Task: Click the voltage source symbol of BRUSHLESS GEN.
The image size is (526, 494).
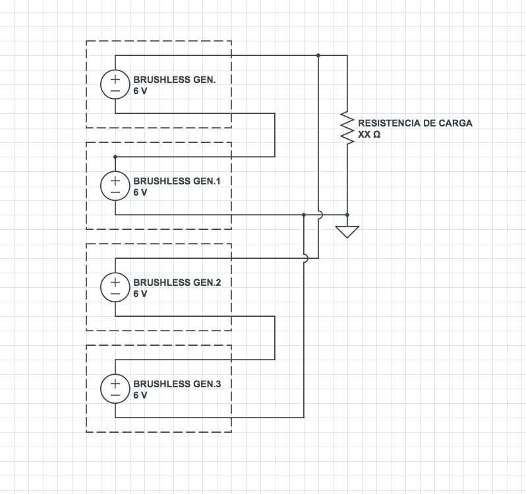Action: click(x=115, y=84)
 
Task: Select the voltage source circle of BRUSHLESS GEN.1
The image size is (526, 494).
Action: click(x=115, y=186)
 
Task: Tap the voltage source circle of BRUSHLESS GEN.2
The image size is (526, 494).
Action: click(x=115, y=287)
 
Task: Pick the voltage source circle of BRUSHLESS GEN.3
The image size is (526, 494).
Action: click(x=115, y=389)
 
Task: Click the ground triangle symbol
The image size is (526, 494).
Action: click(x=347, y=232)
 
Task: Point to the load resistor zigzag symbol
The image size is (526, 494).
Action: click(x=347, y=126)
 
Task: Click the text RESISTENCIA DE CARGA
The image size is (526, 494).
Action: click(x=415, y=123)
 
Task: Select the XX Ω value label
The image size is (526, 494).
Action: click(x=368, y=134)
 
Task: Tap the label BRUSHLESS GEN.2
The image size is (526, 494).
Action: click(x=177, y=282)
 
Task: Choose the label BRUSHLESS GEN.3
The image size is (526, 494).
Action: click(x=177, y=383)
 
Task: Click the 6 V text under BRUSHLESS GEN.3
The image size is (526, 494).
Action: click(x=140, y=395)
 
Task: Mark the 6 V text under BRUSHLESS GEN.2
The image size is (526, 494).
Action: click(x=140, y=294)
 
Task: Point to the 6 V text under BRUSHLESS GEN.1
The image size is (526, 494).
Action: click(x=140, y=192)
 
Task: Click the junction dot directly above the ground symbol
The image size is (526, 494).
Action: click(x=347, y=215)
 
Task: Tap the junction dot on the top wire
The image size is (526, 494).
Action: click(x=318, y=55)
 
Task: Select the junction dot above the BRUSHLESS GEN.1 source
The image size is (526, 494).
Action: click(x=115, y=157)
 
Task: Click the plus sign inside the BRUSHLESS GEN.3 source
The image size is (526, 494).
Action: click(x=115, y=382)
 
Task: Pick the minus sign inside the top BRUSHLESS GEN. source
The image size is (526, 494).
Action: click(x=115, y=91)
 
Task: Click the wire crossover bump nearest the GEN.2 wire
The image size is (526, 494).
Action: click(x=305, y=258)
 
